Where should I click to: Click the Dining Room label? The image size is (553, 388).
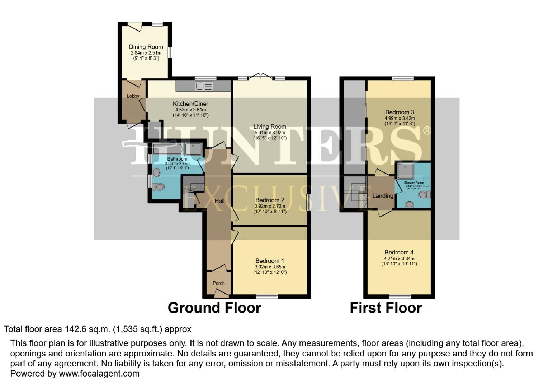coord(146,47)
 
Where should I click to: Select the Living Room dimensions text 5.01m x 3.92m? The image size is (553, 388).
coord(270,133)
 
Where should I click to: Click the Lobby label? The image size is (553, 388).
coord(133,96)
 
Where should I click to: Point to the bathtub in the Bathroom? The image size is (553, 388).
coord(167,149)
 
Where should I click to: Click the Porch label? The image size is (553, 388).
coord(219,283)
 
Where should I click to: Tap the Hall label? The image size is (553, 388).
coord(219,201)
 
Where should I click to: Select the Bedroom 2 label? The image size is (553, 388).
coord(270,200)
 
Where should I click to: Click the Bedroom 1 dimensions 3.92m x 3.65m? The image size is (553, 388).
coord(270,267)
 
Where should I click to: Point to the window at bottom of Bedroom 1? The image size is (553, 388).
coord(267,296)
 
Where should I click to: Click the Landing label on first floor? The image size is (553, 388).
coord(383,196)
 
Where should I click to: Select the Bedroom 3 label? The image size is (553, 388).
coord(400,112)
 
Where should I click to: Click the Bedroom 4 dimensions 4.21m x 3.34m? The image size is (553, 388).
coord(399,258)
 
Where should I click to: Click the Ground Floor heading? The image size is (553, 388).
coord(214,308)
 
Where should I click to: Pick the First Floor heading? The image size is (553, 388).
coord(386,308)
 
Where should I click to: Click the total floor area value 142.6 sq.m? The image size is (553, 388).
coord(88,329)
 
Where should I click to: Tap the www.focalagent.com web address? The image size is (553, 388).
coord(99,374)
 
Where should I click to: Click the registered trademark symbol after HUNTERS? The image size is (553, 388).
coord(427,130)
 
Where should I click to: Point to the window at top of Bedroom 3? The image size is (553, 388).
coord(403,78)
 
